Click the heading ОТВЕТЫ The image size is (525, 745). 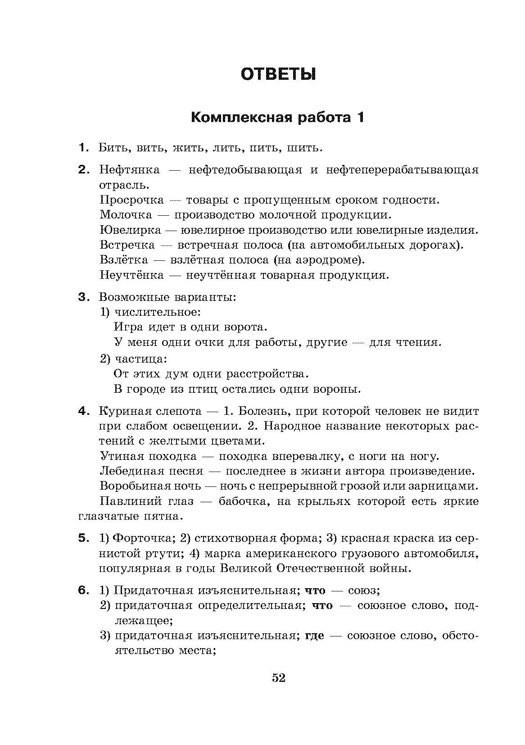[278, 74]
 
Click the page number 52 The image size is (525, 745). [279, 678]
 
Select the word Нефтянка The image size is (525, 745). [130, 170]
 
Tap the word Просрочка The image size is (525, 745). [131, 200]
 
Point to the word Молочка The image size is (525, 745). [126, 215]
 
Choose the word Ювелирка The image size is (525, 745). [130, 230]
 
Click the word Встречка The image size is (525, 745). [127, 245]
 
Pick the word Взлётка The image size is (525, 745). [123, 260]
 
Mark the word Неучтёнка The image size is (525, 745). [131, 275]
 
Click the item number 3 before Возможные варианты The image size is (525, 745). [82, 297]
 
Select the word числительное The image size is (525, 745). [157, 312]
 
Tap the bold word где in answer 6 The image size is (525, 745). [315, 636]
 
